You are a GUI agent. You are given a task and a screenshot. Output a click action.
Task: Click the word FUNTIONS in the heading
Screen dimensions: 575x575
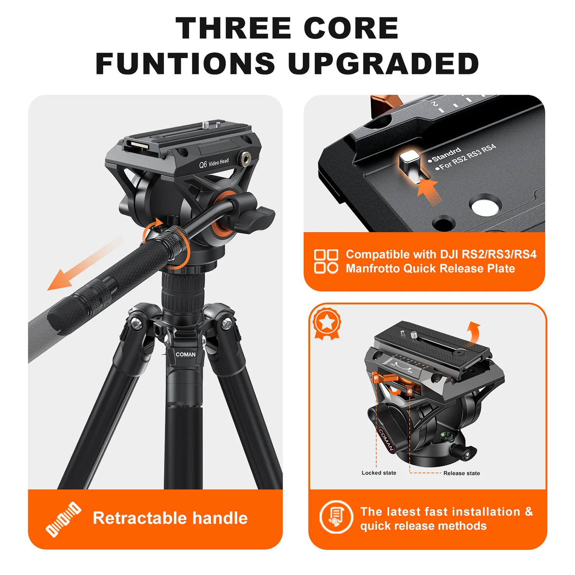(x=185, y=64)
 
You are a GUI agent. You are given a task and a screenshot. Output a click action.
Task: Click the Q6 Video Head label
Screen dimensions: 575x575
(x=214, y=163)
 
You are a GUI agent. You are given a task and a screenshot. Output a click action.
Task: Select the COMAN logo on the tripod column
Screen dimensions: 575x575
(x=186, y=355)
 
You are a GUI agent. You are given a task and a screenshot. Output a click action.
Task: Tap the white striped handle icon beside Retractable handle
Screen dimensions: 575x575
(x=63, y=519)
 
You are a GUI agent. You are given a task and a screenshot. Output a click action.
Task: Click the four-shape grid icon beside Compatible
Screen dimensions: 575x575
(x=326, y=261)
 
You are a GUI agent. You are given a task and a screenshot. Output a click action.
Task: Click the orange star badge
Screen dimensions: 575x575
(x=327, y=323)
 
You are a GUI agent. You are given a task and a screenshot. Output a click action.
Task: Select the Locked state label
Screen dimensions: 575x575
(x=379, y=473)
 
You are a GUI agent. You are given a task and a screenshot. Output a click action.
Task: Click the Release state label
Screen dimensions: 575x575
(x=462, y=473)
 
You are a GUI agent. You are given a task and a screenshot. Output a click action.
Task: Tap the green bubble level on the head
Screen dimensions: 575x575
(x=445, y=435)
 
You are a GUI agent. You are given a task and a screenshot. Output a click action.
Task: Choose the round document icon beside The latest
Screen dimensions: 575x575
(x=336, y=517)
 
